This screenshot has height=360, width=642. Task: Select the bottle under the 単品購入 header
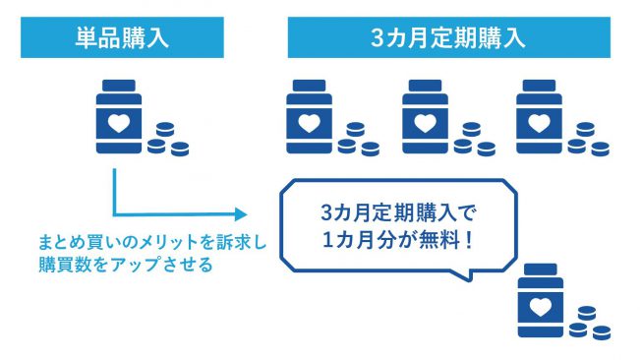[x=120, y=117]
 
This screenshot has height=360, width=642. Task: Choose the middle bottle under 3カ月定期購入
[x=425, y=117]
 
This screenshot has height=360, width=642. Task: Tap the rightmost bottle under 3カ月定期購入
[x=541, y=117]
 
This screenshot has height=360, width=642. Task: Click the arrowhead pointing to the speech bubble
[x=238, y=211]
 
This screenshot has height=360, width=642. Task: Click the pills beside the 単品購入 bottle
[x=167, y=142]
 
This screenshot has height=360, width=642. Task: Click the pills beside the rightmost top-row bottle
[x=588, y=142]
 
